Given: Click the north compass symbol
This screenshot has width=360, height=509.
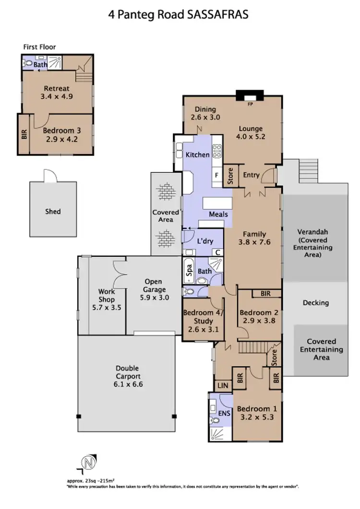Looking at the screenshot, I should pos(87,463).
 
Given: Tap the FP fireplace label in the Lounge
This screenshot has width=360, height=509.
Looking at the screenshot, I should pos(250,103).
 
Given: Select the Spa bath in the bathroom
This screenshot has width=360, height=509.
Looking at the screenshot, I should pos(188,271).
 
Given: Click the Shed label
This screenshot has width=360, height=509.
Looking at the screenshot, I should pos(53,211).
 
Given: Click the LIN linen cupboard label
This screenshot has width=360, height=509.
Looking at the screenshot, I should pos(223,385).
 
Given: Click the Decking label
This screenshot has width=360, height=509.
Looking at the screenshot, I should pos(315,303).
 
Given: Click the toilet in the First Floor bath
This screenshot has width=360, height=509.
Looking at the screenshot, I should pos(27,62).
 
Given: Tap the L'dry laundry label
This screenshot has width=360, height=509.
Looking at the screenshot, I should pos(204,241).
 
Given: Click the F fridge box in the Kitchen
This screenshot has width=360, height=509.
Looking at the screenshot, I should pos(217,176).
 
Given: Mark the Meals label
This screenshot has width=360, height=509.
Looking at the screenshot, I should pos(218,214).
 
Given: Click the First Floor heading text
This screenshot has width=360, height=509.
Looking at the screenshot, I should pos(39,47).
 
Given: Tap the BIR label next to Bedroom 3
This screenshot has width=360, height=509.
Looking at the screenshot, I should pos(24,134).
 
